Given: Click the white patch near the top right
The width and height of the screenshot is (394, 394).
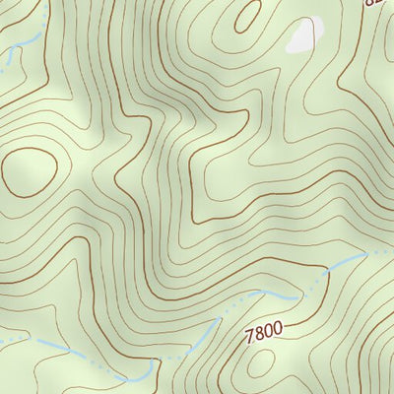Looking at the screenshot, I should click(302, 38).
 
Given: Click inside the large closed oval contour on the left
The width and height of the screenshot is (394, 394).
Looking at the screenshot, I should click(28, 170).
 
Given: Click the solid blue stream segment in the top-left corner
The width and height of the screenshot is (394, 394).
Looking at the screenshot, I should click(28, 41).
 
